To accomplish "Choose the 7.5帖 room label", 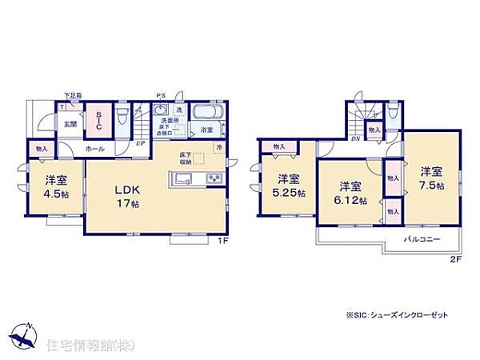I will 431,177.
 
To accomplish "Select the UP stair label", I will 139,146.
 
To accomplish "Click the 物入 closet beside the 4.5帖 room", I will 41,149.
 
